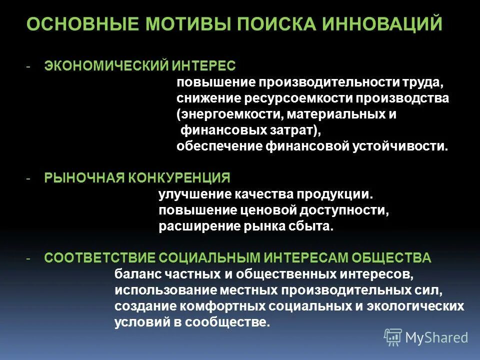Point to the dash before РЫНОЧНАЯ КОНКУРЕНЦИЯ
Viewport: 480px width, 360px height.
tap(29, 178)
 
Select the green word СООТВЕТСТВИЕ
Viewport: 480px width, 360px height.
tap(99, 258)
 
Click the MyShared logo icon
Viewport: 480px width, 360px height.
tap(393, 337)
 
